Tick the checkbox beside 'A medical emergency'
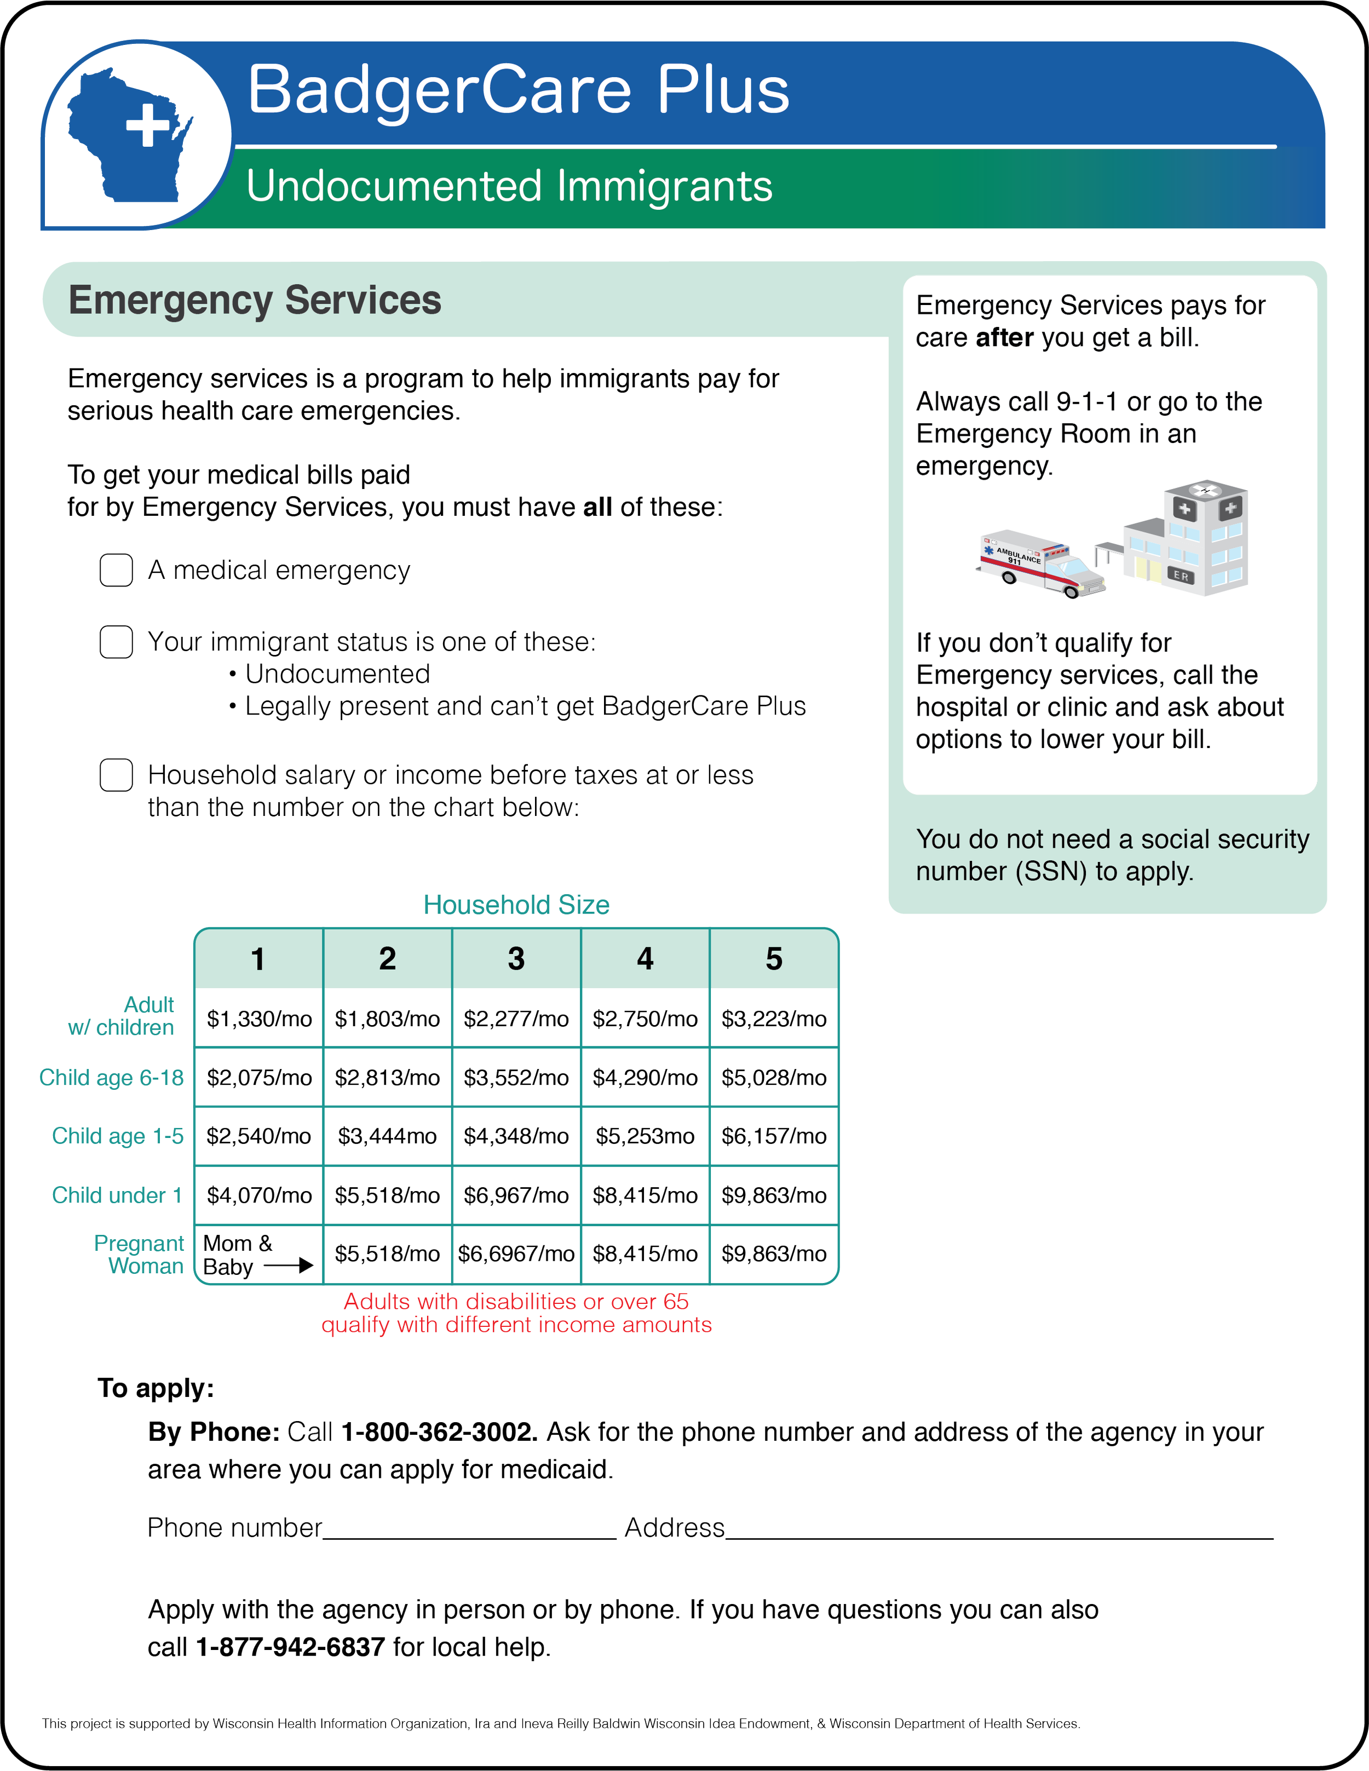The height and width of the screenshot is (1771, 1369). tap(116, 570)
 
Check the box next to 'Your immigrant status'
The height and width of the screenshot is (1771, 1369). tap(116, 641)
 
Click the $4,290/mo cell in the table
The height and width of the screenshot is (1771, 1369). tap(645, 1078)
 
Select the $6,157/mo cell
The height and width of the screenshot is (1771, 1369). tap(774, 1136)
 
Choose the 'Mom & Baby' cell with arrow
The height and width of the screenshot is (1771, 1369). tap(258, 1255)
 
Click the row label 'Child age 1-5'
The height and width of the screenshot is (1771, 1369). tap(118, 1136)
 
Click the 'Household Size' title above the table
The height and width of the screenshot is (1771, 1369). tap(516, 905)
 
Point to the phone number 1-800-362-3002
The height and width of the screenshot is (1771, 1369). tap(438, 1432)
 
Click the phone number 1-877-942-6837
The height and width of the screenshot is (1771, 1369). tap(290, 1647)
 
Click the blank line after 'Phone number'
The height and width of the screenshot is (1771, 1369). tap(470, 1530)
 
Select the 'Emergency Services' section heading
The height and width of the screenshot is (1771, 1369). tap(255, 300)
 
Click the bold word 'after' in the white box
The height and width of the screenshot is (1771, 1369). tap(1004, 337)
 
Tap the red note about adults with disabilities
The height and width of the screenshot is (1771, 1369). tap(516, 1313)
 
